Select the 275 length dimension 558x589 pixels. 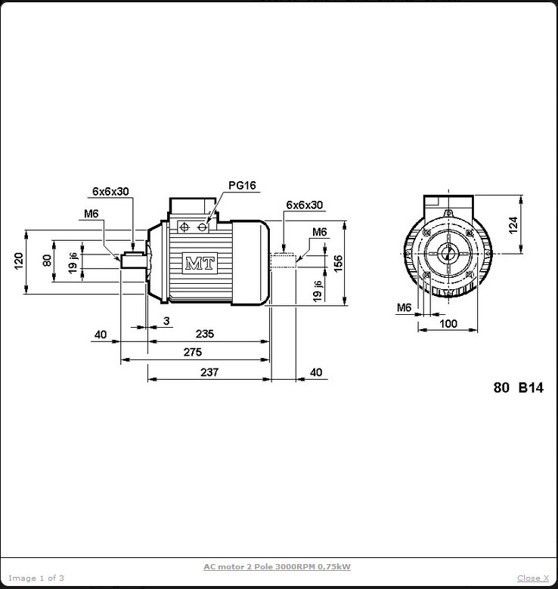coord(192,352)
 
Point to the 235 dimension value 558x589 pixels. coord(204,333)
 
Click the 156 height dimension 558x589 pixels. coord(339,263)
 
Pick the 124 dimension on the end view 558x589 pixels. coord(513,224)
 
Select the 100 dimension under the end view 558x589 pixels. coord(448,323)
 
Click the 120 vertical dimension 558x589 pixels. coord(20,261)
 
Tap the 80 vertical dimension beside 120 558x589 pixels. coord(47,261)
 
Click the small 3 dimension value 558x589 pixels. coord(166,321)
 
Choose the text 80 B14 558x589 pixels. coord(518,388)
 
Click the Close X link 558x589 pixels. coord(533,578)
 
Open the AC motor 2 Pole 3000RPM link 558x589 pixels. coord(277,566)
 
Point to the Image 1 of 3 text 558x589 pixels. coord(36,578)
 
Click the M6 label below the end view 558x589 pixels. coord(405,307)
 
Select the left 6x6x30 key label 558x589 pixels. coord(111,191)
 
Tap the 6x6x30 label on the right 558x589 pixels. coord(305,205)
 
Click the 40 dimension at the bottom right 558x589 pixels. coord(316,372)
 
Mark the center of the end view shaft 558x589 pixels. coord(448,253)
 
